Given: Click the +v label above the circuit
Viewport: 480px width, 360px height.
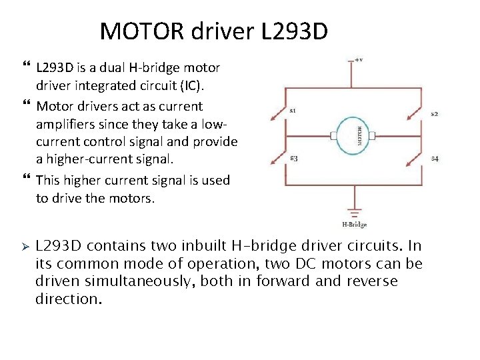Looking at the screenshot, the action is (358, 59).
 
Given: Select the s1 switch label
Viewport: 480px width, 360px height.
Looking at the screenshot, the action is (293, 110).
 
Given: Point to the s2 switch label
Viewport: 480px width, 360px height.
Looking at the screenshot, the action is (434, 114).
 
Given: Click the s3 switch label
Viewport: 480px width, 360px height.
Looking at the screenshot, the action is (293, 158).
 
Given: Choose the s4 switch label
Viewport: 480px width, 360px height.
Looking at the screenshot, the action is (434, 158).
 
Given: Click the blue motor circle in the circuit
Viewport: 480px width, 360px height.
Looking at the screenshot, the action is (353, 136).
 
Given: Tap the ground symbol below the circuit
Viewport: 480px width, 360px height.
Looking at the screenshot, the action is (353, 212).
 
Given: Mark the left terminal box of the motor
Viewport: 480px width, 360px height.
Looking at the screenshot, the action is (333, 136).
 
